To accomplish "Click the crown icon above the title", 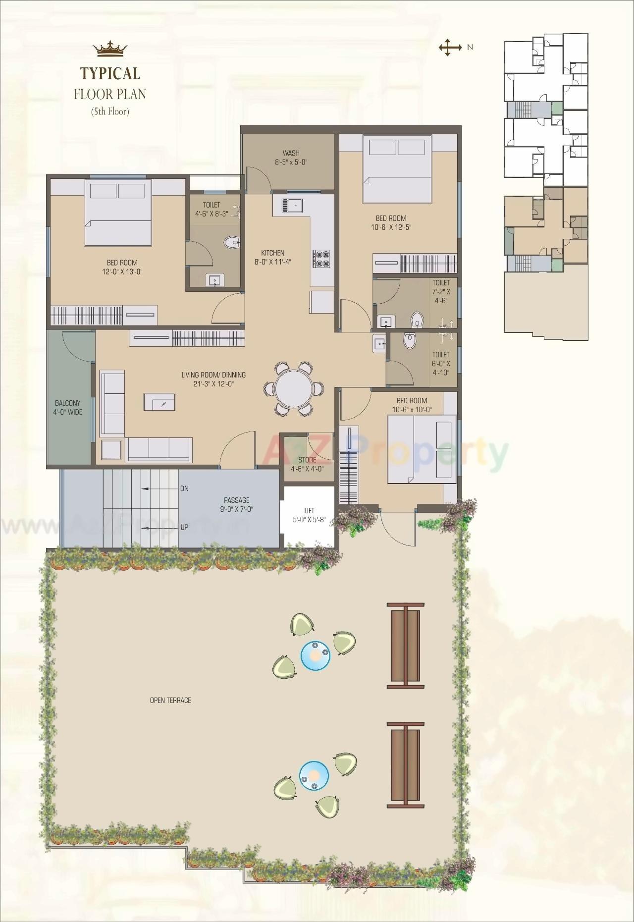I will [x=110, y=49].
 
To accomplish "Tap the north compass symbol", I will [x=448, y=48].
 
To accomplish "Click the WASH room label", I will [x=291, y=153].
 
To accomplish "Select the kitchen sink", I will [x=292, y=205].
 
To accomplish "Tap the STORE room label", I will [x=307, y=460].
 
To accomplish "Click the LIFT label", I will [x=309, y=510].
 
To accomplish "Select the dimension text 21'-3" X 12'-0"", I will [x=213, y=383].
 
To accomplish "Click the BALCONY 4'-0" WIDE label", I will [x=68, y=408].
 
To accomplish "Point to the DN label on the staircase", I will [x=184, y=488].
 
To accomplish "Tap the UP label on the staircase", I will [x=184, y=527].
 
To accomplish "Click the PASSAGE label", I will [x=236, y=500].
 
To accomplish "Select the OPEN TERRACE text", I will [x=170, y=700].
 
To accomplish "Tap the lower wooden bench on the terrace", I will [x=405, y=765].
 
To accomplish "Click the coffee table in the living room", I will [x=159, y=402].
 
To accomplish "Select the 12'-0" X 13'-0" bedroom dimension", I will [x=122, y=271].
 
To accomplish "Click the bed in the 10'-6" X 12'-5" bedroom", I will [x=397, y=168].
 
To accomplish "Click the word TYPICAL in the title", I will [x=110, y=73].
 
